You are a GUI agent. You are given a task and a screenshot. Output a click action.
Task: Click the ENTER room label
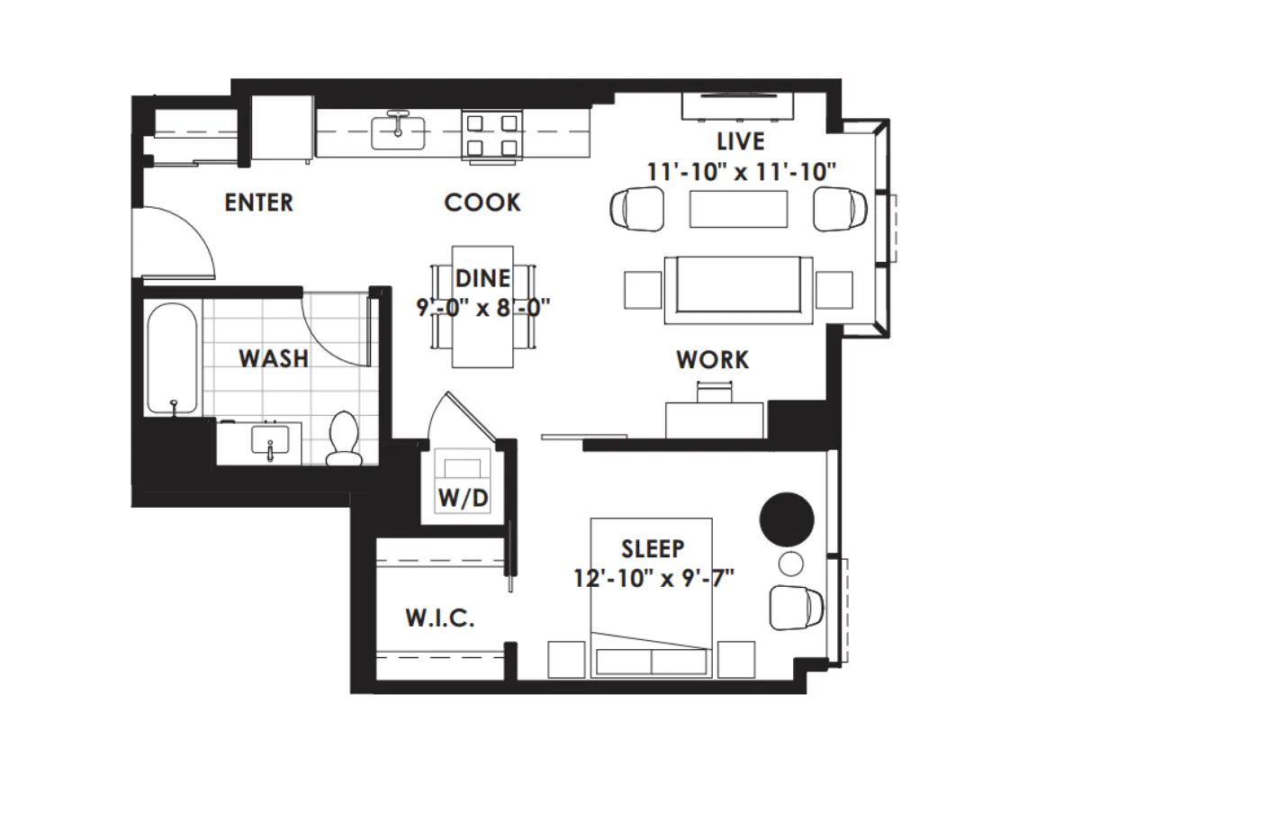258,203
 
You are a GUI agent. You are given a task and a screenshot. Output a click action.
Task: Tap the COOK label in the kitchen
482,203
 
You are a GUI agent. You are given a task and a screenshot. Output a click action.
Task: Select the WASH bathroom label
274,358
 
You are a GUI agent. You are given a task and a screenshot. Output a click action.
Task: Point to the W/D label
463,498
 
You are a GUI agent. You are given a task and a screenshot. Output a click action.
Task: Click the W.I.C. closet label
439,618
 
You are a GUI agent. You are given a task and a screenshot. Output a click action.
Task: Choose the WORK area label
712,360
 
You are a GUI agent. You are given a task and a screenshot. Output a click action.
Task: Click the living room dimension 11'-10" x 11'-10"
741,171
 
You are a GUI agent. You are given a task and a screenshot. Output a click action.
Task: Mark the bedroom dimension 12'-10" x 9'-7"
654,577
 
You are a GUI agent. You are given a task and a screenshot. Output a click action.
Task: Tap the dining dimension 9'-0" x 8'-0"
482,308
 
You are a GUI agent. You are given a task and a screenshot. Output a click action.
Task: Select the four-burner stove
492,136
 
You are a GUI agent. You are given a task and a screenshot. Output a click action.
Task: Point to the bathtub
171,359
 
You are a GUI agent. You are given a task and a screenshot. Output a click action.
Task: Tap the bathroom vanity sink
269,442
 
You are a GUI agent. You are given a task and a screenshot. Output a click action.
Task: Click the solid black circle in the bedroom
787,519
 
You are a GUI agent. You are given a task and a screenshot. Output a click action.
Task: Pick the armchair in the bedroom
797,608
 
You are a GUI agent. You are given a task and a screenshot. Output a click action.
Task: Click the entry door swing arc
180,241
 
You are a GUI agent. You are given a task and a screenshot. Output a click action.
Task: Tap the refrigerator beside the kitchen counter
282,130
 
